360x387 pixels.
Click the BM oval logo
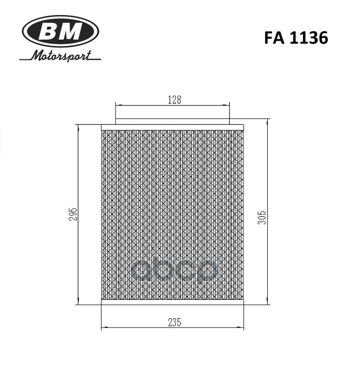point(60,32)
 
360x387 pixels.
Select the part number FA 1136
point(296,38)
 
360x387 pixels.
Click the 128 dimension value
point(174,100)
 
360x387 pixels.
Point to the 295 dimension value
point(73,215)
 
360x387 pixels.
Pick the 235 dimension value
point(174,323)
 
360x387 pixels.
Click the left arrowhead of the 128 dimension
point(117,104)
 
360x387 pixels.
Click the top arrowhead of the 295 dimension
point(77,127)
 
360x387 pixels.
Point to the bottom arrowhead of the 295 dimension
point(77,303)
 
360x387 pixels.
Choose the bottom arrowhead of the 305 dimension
point(267,303)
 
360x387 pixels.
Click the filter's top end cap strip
point(173,127)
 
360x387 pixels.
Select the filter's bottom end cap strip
point(173,302)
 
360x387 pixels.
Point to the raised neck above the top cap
point(173,121)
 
